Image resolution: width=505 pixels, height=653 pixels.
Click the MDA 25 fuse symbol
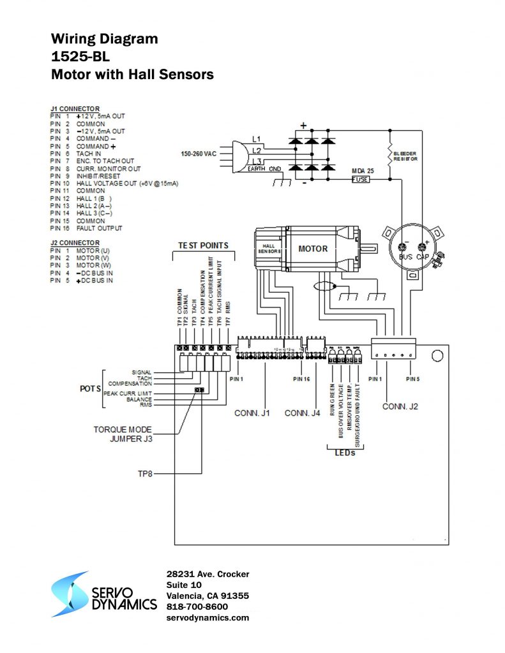coord(361,180)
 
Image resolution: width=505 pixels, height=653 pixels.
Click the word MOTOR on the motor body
coord(313,249)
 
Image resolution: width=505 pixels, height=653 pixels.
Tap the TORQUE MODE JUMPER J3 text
coord(123,434)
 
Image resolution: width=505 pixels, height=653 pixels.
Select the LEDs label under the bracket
coord(345,453)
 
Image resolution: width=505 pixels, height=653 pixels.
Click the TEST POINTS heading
coord(203,246)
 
